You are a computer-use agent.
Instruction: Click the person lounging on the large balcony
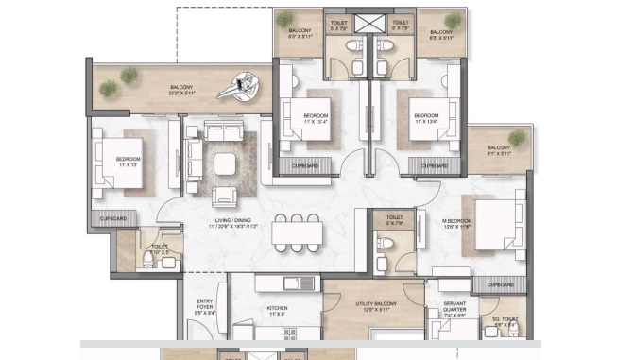click(240, 87)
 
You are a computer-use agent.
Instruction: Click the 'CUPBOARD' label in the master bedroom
click(500, 284)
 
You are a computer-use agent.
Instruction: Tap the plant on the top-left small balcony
click(286, 18)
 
